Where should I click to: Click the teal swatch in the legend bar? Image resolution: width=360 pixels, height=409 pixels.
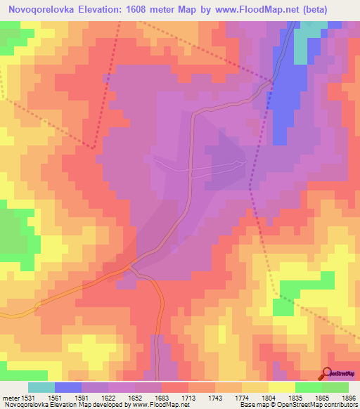[41, 387]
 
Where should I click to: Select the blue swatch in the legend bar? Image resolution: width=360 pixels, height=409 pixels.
[68, 387]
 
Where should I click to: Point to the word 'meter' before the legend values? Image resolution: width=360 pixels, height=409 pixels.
[9, 397]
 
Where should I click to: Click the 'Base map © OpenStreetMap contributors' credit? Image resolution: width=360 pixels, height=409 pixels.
[298, 405]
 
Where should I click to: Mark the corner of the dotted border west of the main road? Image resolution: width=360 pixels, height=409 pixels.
[94, 148]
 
